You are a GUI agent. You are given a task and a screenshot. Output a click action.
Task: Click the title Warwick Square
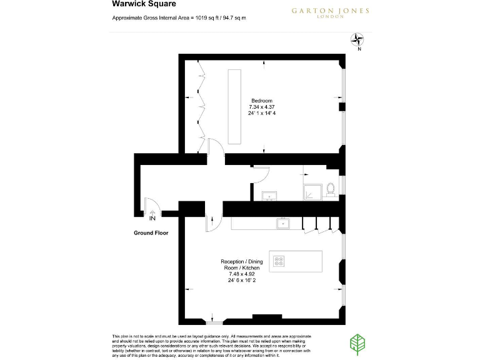click(x=134, y=4)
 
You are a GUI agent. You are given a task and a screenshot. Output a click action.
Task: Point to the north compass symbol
click(x=359, y=42)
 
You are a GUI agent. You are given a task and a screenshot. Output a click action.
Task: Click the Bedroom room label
click(x=262, y=101)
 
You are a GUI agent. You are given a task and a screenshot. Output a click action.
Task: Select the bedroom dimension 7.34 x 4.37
click(x=262, y=107)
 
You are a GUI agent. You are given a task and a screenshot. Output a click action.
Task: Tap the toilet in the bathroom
click(x=331, y=187)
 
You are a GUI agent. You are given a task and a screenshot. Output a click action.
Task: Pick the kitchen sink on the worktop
click(x=283, y=222)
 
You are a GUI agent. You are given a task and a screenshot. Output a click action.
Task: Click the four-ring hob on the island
click(x=279, y=261)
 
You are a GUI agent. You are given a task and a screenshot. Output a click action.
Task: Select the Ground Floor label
click(x=151, y=232)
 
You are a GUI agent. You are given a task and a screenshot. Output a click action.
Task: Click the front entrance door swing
click(x=151, y=206)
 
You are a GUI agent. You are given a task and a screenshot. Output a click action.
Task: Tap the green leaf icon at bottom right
click(x=357, y=343)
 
